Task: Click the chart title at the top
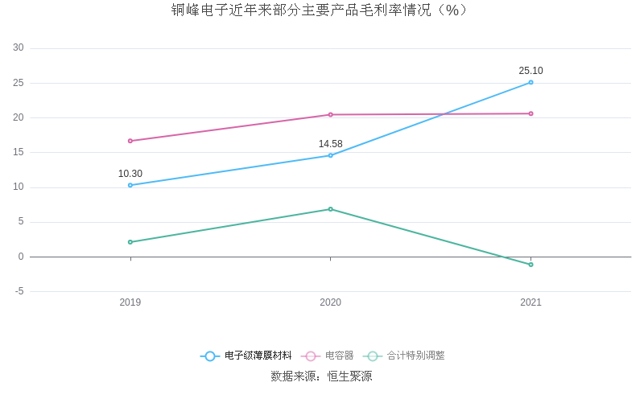[x=320, y=10]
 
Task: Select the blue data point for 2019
[x=130, y=185]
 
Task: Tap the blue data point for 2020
[x=330, y=155]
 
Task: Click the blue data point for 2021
[x=530, y=82]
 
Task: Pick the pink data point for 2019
[x=130, y=141]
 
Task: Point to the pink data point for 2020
[x=330, y=114]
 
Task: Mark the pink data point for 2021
[x=530, y=113]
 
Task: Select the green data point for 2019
[x=130, y=242]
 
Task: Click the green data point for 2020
[x=330, y=209]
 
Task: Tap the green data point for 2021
[x=530, y=265]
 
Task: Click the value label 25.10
[x=530, y=71]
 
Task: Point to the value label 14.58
[x=330, y=144]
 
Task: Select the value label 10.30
[x=130, y=174]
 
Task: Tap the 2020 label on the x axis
[x=330, y=302]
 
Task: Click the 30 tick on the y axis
[x=19, y=48]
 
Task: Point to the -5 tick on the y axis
[x=19, y=291]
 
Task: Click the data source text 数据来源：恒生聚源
[x=321, y=376]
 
